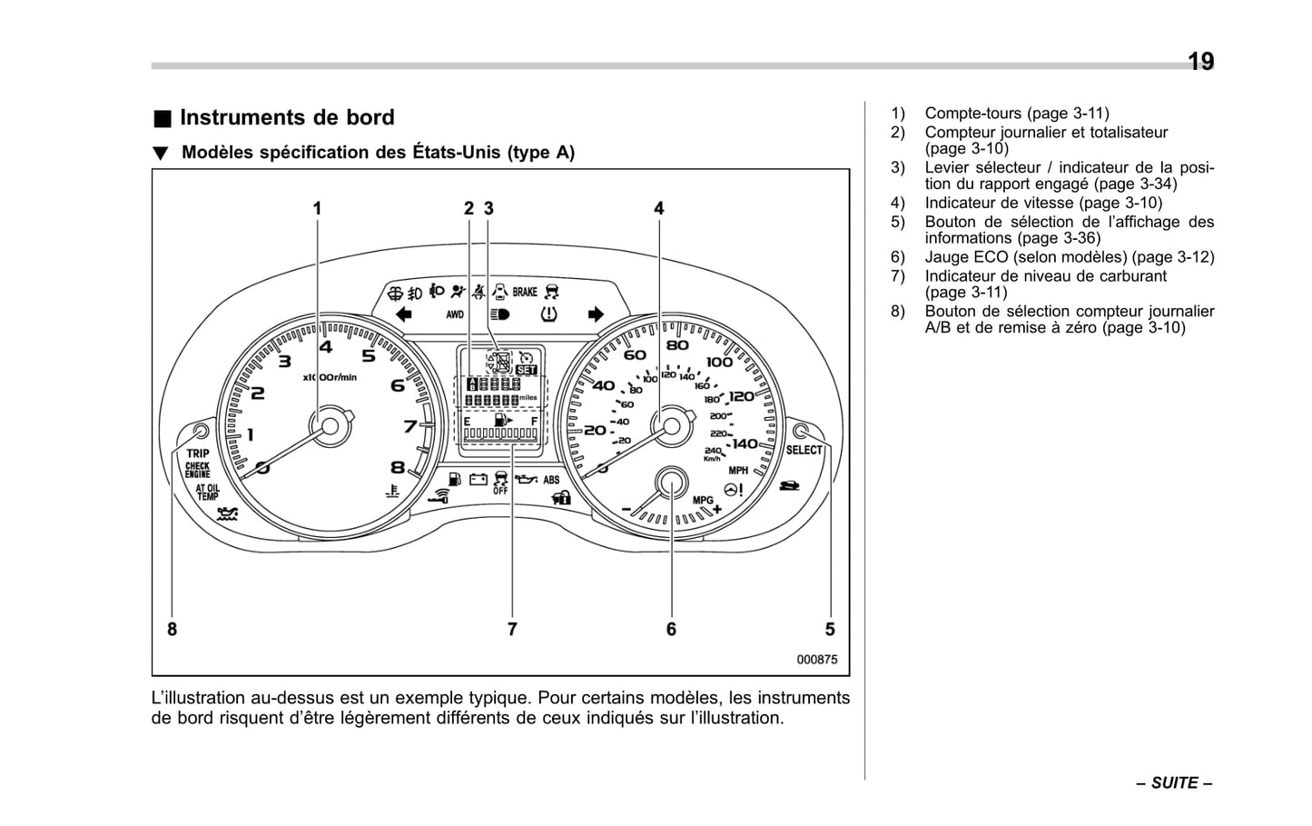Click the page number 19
(x=1200, y=62)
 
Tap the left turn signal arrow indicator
(x=404, y=314)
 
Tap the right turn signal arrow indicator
(x=596, y=314)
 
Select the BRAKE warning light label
(x=525, y=292)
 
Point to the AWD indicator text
(x=455, y=314)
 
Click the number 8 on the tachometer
(x=398, y=467)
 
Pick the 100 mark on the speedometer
(x=719, y=362)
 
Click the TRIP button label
(x=198, y=453)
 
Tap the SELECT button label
(x=804, y=450)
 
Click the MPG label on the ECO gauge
(x=704, y=500)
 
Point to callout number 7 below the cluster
(x=512, y=629)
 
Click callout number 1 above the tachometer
(x=318, y=208)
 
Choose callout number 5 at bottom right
(x=830, y=629)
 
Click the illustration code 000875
(x=817, y=660)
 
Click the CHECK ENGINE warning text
(x=198, y=470)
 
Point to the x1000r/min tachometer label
(x=330, y=376)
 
